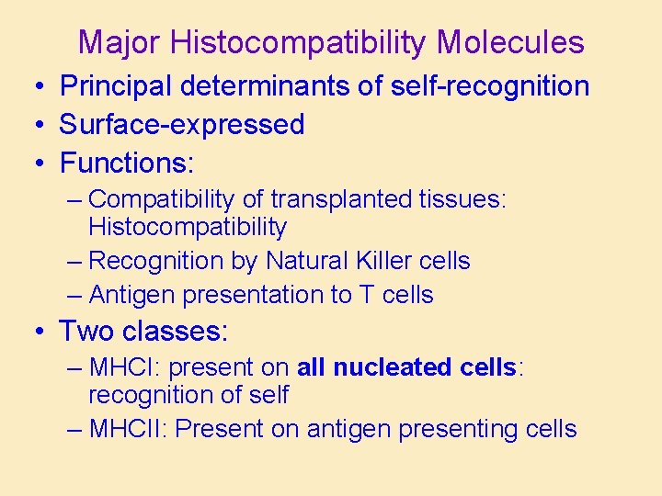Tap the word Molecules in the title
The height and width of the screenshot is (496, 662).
pos(510,42)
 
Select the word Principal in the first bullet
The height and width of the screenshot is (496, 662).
pos(117,86)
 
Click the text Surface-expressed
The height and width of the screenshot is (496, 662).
pos(182,124)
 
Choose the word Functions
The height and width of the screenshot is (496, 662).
pos(125,163)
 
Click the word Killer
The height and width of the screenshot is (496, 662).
pos(385,261)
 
